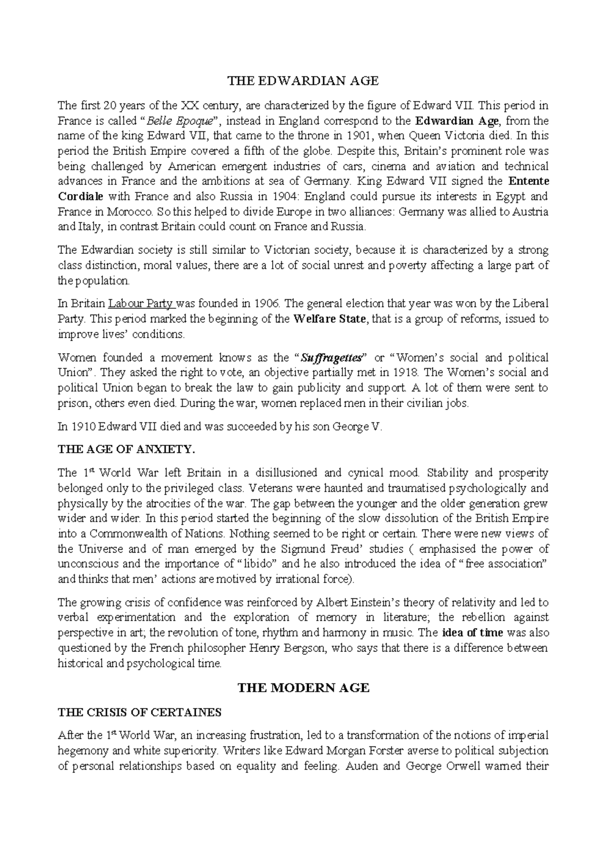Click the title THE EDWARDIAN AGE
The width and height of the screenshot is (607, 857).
[303, 81]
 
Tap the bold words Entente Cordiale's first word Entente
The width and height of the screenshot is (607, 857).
[528, 181]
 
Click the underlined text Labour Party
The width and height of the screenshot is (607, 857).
[142, 304]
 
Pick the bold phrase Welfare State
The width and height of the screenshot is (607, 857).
[332, 319]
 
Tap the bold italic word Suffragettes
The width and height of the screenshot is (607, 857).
[332, 358]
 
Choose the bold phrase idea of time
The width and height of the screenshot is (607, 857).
[472, 633]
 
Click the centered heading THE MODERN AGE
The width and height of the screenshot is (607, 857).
[303, 688]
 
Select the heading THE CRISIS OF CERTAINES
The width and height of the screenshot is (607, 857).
[140, 713]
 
